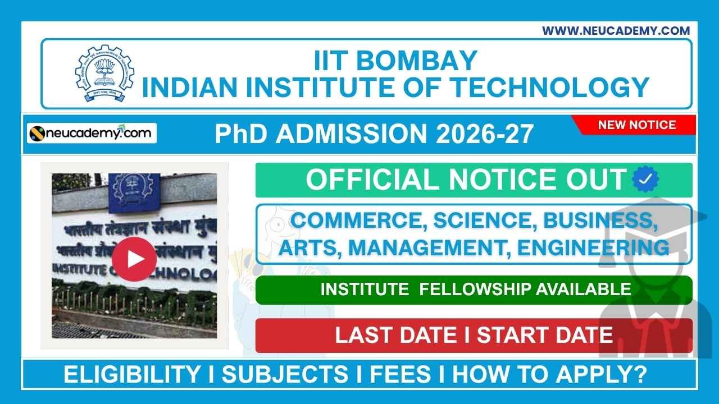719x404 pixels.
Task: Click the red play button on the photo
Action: coord(134,259)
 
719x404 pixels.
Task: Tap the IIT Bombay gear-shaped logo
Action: coord(105,74)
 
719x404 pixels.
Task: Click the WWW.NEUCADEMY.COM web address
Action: coord(616,31)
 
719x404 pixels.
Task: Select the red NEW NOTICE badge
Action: coord(636,125)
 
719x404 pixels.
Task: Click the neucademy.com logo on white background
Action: coord(92,134)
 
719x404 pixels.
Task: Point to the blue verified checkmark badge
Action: coord(645,180)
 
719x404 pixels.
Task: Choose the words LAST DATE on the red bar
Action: coord(395,335)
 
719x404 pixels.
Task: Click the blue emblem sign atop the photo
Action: coord(134,192)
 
